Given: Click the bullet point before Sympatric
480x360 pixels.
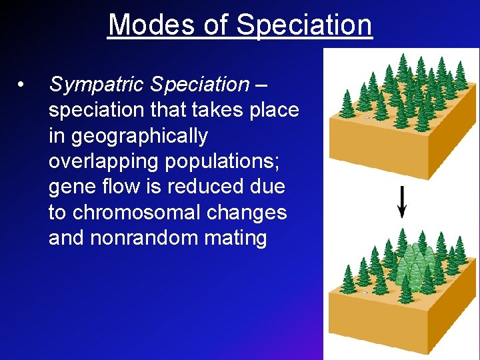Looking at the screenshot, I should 22,85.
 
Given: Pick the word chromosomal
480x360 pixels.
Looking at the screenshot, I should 141,213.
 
